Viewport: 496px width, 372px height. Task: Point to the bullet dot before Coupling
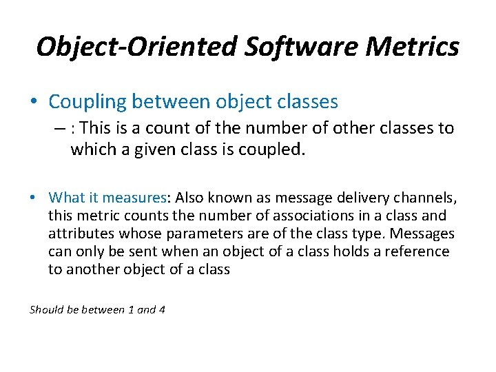coord(34,103)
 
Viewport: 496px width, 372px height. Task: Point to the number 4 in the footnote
coord(161,309)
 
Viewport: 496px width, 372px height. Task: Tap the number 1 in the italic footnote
coord(132,309)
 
